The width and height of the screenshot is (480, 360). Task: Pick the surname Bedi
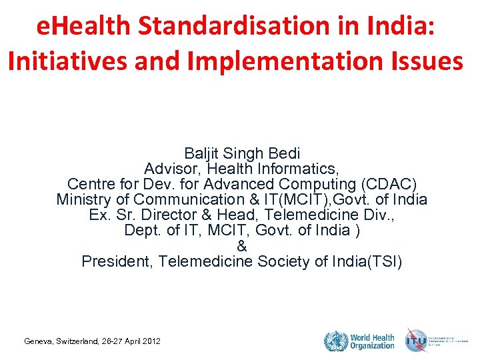(284, 153)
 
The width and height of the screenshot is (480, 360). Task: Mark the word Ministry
(82, 199)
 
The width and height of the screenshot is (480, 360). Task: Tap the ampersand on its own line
(241, 246)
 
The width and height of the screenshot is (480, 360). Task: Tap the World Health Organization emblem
(335, 341)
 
